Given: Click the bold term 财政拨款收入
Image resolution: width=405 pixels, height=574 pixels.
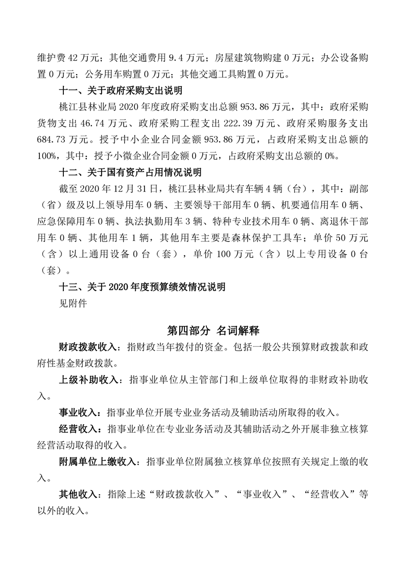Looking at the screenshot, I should point(91,348).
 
